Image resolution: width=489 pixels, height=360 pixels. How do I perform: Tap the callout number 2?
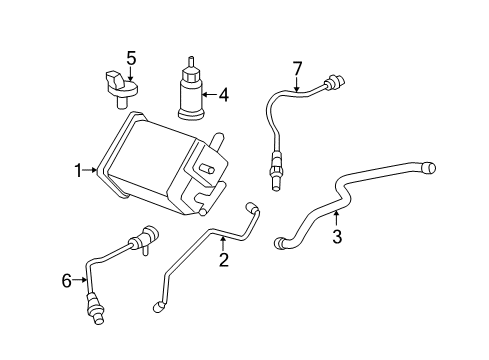coord(224,261)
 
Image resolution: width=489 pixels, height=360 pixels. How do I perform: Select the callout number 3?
coord(337,237)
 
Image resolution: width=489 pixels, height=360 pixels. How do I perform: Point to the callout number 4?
coord(223,96)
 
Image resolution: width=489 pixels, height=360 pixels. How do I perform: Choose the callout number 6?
coord(67,281)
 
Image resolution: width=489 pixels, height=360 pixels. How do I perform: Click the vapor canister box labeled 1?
coord(150,165)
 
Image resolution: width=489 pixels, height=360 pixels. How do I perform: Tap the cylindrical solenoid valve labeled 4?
coord(188,90)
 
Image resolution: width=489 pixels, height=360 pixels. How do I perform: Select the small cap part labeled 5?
coord(122,85)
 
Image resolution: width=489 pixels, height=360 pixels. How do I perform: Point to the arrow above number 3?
coord(337,218)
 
